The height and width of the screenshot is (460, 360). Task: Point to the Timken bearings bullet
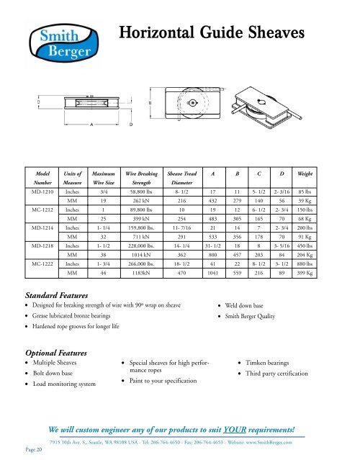click(x=274, y=365)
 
